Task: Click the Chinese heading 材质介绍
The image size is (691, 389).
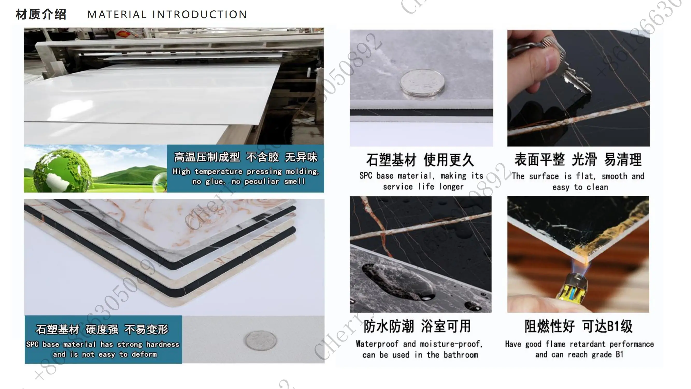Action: click(41, 14)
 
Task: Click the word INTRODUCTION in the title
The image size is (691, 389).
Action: click(200, 15)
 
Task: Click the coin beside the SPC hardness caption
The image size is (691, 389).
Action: click(261, 341)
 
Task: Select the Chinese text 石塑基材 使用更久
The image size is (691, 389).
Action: click(420, 160)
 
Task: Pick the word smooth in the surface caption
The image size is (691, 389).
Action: click(614, 176)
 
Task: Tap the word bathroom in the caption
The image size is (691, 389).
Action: click(461, 355)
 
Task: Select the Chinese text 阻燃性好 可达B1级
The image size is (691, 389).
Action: click(578, 327)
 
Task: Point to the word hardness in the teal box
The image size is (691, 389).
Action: click(162, 344)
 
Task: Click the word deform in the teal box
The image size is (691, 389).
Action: click(144, 355)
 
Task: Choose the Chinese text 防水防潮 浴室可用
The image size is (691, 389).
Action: click(417, 327)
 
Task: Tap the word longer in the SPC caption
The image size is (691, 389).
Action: click(451, 187)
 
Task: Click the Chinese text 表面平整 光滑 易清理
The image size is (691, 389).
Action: click(578, 160)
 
